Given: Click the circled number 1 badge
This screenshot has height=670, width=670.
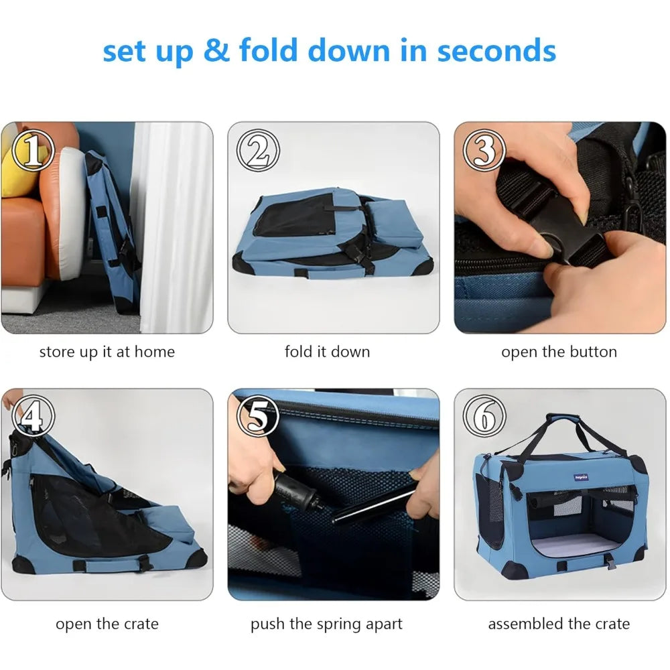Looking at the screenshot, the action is [x=33, y=150].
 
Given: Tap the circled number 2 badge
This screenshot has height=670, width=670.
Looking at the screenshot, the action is [x=258, y=150].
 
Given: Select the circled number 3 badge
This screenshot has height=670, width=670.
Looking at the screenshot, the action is [x=484, y=150].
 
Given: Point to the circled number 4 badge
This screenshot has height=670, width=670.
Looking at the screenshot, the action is [x=33, y=416].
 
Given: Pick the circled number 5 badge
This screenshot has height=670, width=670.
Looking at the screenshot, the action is [x=258, y=416].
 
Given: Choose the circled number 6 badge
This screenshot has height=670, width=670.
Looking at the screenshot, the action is [x=484, y=416].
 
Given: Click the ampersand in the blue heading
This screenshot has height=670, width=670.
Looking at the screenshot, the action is [x=216, y=50].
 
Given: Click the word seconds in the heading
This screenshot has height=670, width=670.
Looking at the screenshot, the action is [x=496, y=50].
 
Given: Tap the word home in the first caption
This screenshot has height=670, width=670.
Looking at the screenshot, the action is [x=154, y=352].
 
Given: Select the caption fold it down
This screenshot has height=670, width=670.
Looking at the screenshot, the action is [x=328, y=352].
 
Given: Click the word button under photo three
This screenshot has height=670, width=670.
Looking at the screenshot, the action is [x=593, y=352].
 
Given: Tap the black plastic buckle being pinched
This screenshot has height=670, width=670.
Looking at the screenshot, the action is [x=555, y=226].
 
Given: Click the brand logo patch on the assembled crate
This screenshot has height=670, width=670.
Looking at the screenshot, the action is [x=581, y=477].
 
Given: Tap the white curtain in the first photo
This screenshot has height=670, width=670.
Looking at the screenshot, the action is [x=175, y=226].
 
